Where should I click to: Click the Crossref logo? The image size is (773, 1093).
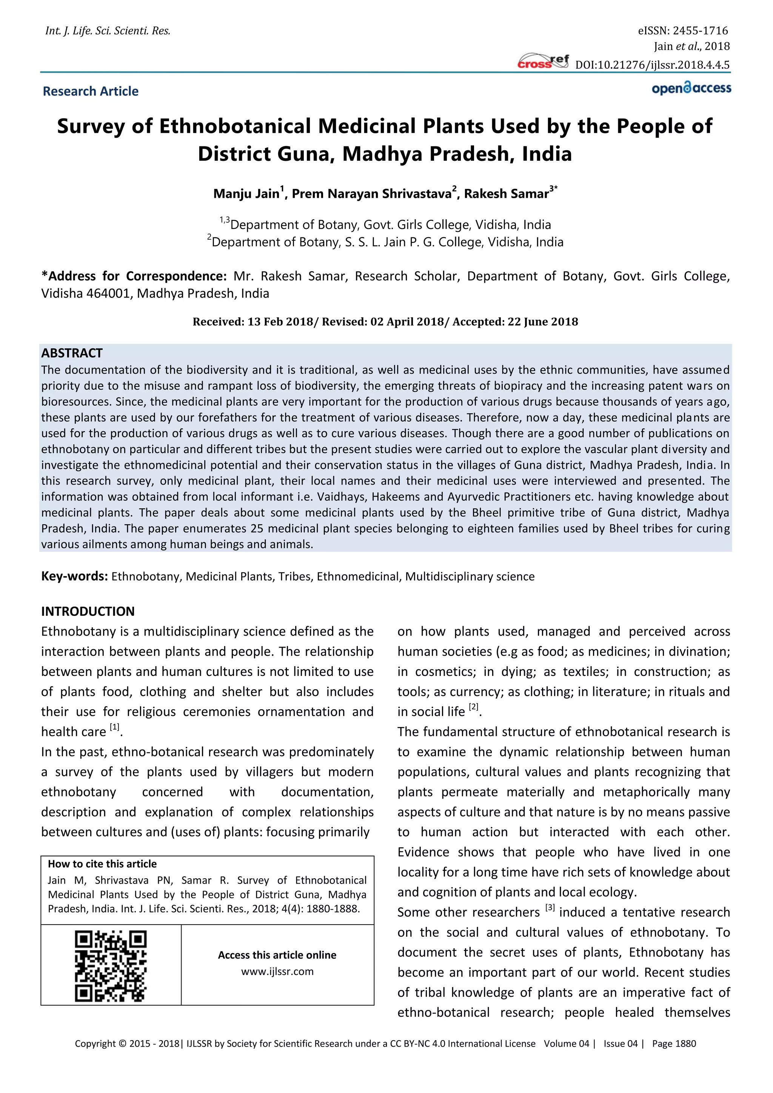[543, 62]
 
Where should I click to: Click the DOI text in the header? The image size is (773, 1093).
[652, 65]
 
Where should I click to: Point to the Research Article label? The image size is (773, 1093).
[91, 91]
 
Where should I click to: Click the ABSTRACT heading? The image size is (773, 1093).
[72, 353]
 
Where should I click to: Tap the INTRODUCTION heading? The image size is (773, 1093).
[88, 611]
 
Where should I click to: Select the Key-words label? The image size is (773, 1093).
[74, 576]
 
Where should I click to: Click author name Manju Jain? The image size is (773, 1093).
[246, 194]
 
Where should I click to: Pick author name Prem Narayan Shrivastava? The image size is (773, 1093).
[371, 194]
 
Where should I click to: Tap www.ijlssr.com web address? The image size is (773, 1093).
[277, 971]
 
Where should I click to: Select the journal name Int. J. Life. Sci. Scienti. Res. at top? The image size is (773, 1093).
[108, 31]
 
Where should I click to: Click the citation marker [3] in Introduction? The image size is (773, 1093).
[550, 907]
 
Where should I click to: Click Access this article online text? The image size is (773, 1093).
[277, 955]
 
